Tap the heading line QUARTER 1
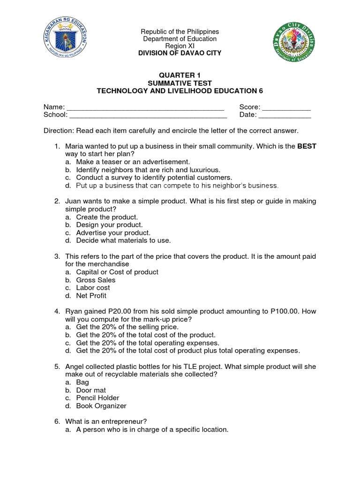pos(180,75)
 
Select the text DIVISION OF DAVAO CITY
pos(180,53)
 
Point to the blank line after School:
pos(148,115)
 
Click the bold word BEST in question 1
pos(307,146)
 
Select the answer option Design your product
pos(109,225)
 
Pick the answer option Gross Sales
pos(96,280)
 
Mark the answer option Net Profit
pos(91,296)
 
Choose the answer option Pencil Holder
pos(97,398)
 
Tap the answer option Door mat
pos(91,390)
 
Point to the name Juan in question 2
pos(74,201)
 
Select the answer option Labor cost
pos(93,288)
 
